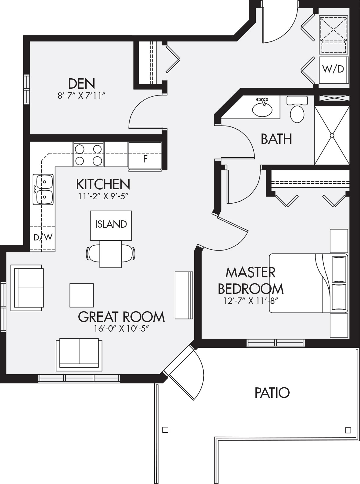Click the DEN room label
[x=82, y=84]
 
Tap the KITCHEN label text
[x=103, y=184]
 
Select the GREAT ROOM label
[x=121, y=317]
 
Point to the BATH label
[x=276, y=139]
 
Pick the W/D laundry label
[x=333, y=69]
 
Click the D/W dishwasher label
[x=43, y=237]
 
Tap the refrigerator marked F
[x=145, y=156]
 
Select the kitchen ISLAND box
[x=111, y=226]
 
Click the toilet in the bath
[x=297, y=110]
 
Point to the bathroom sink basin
[x=262, y=109]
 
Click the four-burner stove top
[x=88, y=155]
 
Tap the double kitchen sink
[x=43, y=189]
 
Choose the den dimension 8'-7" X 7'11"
[x=82, y=96]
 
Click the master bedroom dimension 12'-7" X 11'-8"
[x=250, y=301]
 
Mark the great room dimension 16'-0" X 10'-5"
[x=121, y=329]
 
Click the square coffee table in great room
[x=82, y=295]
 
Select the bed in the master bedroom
[x=308, y=283]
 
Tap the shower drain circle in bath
[x=332, y=135]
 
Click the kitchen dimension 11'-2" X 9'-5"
[x=103, y=197]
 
